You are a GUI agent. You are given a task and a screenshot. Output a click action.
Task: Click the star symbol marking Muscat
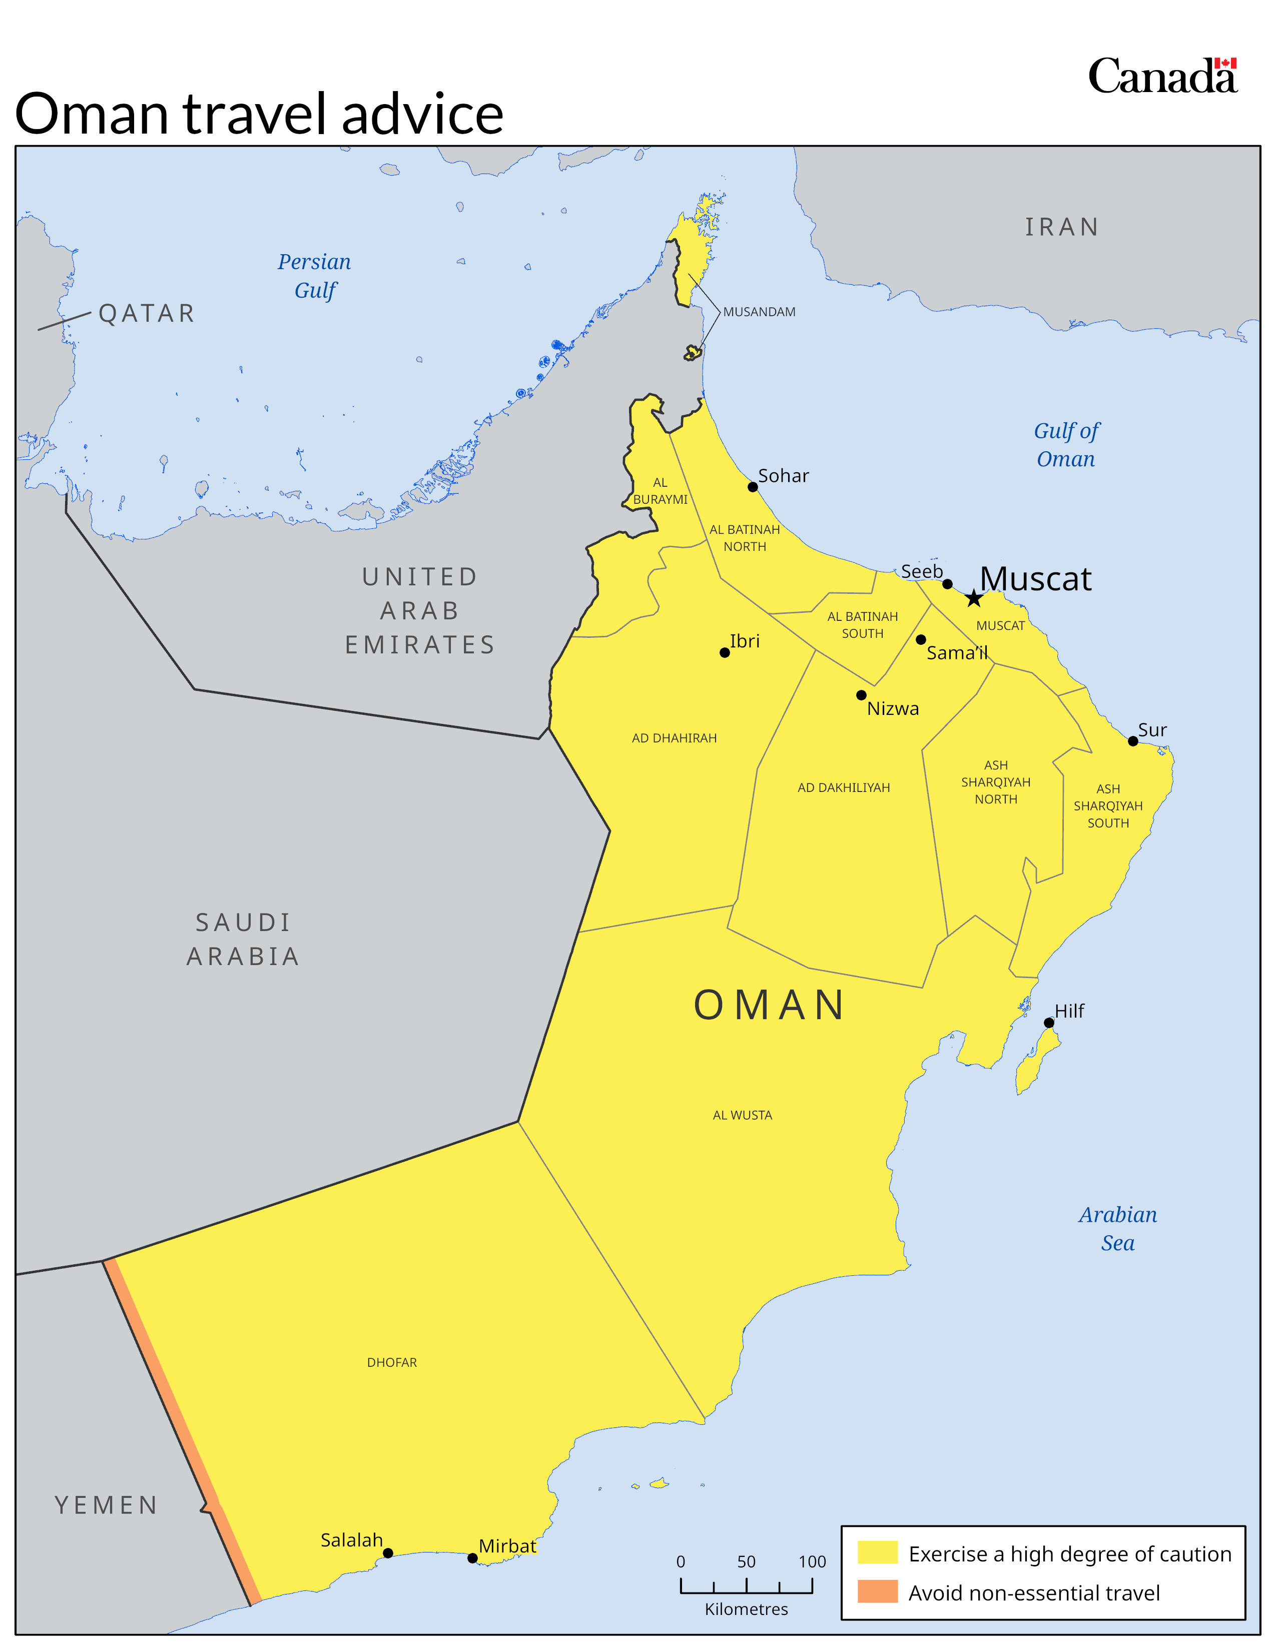[x=974, y=599]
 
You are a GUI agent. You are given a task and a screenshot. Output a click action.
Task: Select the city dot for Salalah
[x=388, y=1553]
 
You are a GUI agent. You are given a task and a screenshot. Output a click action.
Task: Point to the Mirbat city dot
[x=472, y=1558]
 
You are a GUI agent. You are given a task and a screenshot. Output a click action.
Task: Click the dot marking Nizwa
[x=861, y=695]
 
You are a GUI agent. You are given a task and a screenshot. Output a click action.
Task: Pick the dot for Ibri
[x=724, y=652]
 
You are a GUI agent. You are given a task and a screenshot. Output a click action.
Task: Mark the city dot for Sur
[x=1132, y=741]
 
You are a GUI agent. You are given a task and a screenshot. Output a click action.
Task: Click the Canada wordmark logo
[x=1162, y=77]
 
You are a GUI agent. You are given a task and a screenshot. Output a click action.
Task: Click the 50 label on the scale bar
[x=746, y=1562]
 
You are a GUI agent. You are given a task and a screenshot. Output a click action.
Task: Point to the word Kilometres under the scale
[x=746, y=1609]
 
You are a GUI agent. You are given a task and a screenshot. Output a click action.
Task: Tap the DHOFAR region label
[x=392, y=1362]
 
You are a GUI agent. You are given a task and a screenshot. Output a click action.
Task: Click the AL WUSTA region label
[x=742, y=1115]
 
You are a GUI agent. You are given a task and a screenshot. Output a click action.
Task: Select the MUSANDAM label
[x=759, y=312]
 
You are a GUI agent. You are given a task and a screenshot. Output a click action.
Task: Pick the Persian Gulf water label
[x=314, y=276]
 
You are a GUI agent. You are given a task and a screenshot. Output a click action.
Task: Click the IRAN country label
[x=1061, y=227]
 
